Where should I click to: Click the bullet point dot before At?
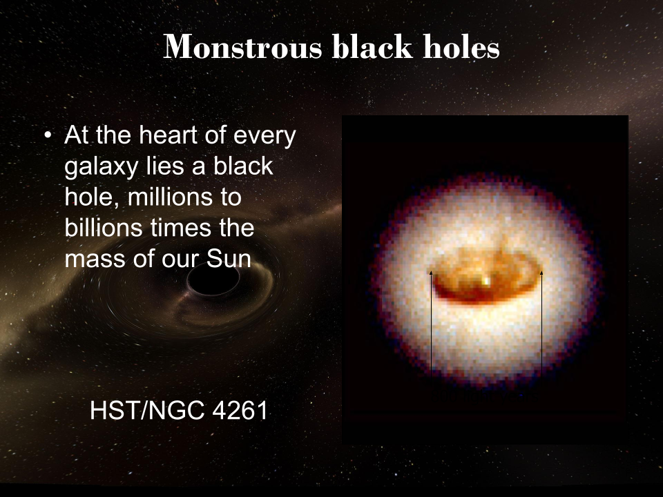[x=48, y=136]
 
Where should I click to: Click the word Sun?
[x=232, y=260]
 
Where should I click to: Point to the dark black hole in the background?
[x=213, y=279]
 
